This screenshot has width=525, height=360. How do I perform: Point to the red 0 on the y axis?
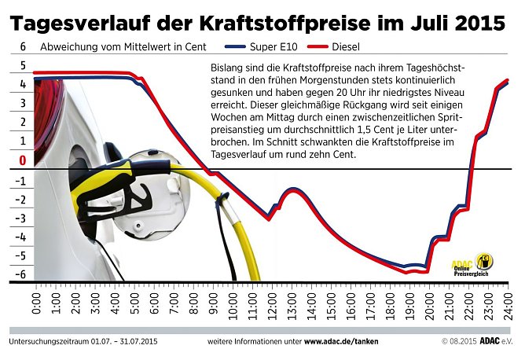point(23,160)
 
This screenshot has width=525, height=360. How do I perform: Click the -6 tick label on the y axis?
point(23,274)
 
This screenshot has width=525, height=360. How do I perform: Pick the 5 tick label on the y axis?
point(23,66)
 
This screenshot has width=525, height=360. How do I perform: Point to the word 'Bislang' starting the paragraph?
point(228,69)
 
